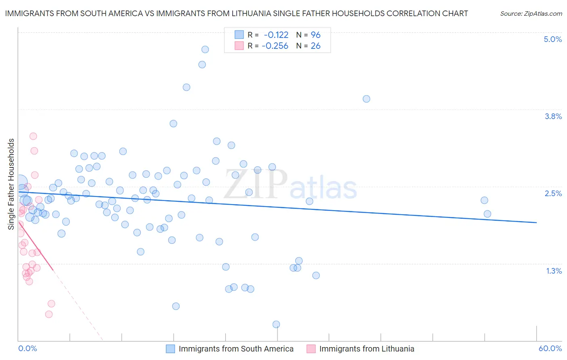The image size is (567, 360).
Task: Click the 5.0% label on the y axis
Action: (x=552, y=39)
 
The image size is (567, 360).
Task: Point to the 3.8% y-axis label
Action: (x=553, y=116)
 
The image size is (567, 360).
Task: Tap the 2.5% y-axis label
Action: (x=553, y=193)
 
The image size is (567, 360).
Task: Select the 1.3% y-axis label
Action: (x=554, y=271)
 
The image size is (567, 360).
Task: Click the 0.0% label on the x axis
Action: (x=27, y=348)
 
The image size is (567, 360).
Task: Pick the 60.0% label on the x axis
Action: (x=550, y=348)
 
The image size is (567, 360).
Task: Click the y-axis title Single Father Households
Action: (x=11, y=184)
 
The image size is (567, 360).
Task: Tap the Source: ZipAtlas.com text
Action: (x=531, y=13)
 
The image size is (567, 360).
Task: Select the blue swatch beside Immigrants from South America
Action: (x=171, y=349)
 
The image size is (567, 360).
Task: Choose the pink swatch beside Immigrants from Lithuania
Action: (x=311, y=349)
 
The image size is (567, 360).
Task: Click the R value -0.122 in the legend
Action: (x=276, y=35)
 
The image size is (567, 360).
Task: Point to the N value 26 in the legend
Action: (x=315, y=46)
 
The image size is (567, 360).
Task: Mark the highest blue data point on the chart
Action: (x=205, y=49)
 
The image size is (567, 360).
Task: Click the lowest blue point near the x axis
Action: (x=276, y=324)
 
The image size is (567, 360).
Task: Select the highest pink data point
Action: (x=33, y=136)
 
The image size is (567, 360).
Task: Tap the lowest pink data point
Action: (x=49, y=314)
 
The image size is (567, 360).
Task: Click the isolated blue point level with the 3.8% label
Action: (x=366, y=99)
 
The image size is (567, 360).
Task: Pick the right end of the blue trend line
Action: (x=536, y=222)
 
